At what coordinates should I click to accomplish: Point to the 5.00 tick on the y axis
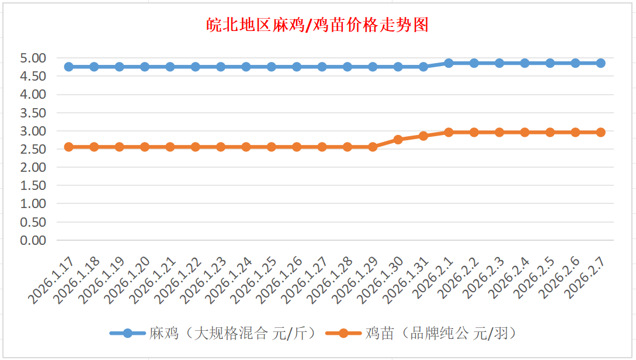tap(33, 58)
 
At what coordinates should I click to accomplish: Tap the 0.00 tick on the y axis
tap(33, 240)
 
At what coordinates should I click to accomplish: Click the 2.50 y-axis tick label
tap(33, 149)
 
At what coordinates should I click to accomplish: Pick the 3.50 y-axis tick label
tap(33, 113)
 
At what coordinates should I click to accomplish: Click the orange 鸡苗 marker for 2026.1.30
tap(398, 140)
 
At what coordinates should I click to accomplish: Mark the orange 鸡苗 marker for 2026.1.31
tap(423, 136)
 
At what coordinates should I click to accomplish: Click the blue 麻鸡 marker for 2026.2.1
tap(449, 63)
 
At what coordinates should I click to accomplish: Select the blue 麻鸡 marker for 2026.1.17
tap(69, 67)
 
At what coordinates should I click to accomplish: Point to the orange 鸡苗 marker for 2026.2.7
tap(600, 132)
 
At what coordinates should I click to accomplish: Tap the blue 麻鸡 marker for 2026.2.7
tap(600, 63)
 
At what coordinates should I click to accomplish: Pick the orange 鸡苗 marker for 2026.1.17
tap(69, 147)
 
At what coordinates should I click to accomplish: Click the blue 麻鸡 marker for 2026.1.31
tap(423, 67)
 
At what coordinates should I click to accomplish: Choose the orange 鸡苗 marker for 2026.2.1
tap(449, 132)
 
